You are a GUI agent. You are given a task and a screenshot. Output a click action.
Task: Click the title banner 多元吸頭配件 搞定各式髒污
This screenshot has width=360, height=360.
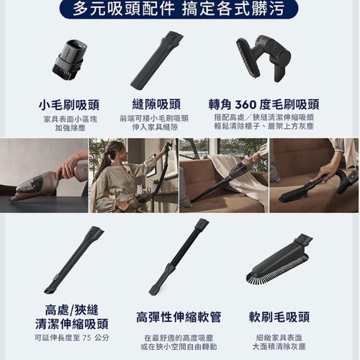pos(179,9)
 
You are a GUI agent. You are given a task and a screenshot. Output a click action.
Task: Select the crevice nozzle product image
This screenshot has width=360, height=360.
pos(157,60)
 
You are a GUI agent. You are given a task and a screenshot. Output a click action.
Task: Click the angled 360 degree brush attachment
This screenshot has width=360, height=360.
pos(264,58)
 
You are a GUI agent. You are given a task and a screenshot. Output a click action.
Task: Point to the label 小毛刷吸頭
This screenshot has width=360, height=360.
pos(69,105)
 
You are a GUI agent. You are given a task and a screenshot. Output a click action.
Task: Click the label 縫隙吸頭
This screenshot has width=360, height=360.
pos(156,104)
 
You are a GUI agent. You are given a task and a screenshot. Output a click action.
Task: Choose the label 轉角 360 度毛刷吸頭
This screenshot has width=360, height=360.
pos(264,104)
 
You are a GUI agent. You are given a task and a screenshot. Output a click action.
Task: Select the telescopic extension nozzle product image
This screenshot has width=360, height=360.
pos(74,260)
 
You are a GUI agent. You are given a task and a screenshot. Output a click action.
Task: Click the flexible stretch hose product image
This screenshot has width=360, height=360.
pos(179,257)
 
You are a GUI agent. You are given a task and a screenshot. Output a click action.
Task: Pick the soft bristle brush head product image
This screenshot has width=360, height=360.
pos(279,261)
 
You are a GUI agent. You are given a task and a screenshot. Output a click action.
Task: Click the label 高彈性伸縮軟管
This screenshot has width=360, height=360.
pos(179,317)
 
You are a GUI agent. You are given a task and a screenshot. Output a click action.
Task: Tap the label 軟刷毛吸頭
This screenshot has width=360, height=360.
pos(279,317)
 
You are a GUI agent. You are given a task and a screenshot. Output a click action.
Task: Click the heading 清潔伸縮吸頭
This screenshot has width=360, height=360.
pos(72,324)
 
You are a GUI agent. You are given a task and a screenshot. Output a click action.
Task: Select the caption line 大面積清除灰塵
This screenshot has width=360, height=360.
pos(279,347)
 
